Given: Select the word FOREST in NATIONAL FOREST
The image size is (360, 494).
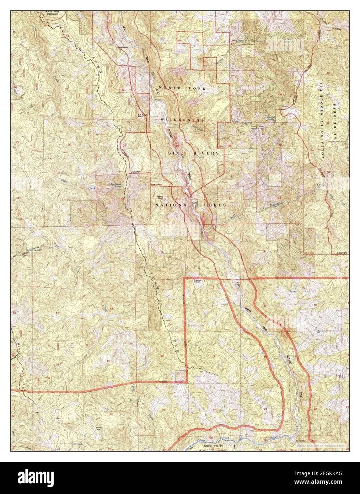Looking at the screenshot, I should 217,205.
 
